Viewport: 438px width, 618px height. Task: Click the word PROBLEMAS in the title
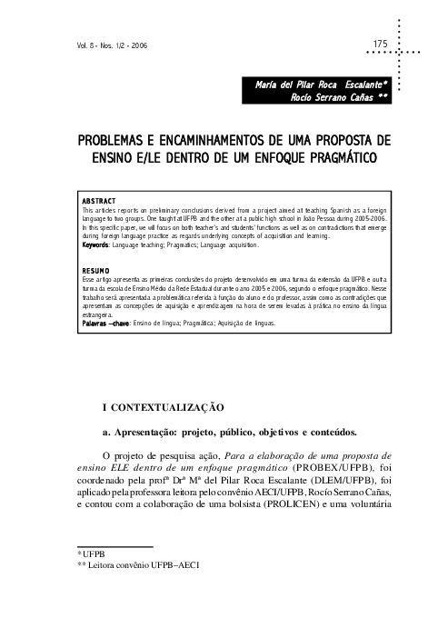(x=112, y=142)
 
